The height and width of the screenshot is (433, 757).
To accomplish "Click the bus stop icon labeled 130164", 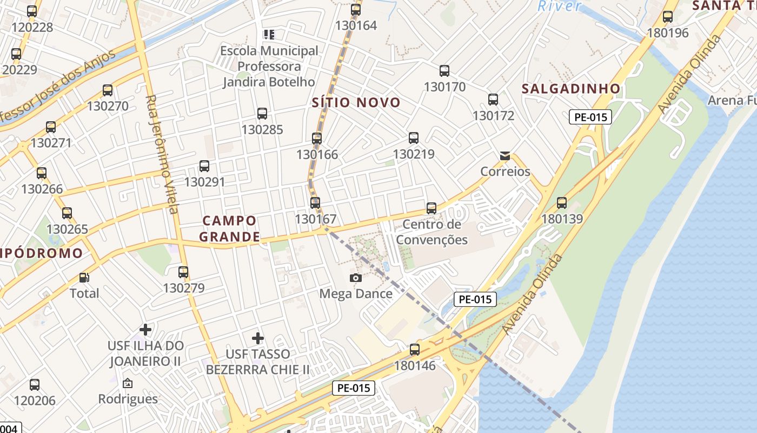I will tap(355, 9).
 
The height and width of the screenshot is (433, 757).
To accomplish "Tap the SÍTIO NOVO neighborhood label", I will tap(356, 102).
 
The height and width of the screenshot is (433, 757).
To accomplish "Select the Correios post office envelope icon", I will tap(505, 156).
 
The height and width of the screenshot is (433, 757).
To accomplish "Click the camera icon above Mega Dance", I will tap(355, 278).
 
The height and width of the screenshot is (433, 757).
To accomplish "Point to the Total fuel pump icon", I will tap(84, 278).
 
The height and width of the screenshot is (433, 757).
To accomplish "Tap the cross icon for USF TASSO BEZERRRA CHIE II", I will tap(258, 338).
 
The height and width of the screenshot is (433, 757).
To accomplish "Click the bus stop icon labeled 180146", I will tap(415, 350).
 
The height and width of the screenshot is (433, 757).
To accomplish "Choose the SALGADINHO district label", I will tap(570, 89).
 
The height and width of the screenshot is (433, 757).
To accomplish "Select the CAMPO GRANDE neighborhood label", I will tap(229, 228).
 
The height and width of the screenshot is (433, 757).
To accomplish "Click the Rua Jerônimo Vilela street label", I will tap(162, 154).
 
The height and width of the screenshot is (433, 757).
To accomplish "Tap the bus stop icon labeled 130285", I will tap(262, 114).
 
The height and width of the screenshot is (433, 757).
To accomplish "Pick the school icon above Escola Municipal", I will tap(269, 35).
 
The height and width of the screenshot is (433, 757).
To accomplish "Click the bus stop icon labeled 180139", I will tap(562, 203).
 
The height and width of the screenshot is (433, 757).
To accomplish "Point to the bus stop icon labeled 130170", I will tap(444, 70).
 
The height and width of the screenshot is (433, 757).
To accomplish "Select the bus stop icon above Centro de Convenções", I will tap(431, 208).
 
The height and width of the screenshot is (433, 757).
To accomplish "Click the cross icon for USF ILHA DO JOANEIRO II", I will tap(145, 329).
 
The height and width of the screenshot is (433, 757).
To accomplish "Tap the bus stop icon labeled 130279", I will tap(183, 272).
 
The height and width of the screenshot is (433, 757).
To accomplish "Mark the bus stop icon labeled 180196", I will tap(668, 17).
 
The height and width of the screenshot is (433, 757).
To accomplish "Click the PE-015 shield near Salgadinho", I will tap(590, 117).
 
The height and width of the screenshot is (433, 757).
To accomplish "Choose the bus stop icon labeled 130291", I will tap(204, 166).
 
